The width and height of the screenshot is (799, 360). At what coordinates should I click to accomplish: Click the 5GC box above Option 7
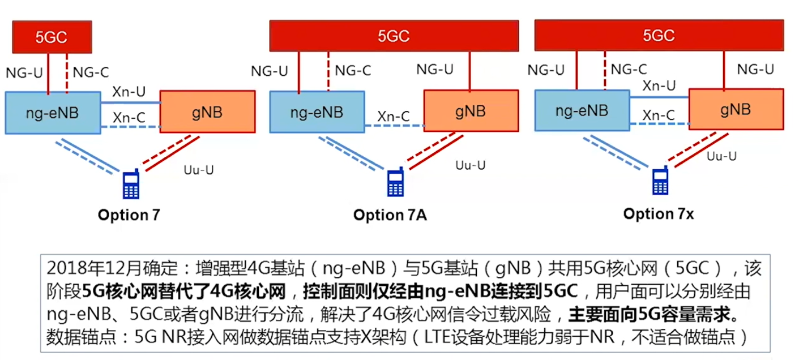pyautogui.click(x=51, y=37)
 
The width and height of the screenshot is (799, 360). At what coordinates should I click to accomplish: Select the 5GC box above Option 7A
pyautogui.click(x=394, y=36)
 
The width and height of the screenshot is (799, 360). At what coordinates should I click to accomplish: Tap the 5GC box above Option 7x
pyautogui.click(x=659, y=35)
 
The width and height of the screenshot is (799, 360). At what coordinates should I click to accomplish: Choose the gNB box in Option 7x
pyautogui.click(x=736, y=109)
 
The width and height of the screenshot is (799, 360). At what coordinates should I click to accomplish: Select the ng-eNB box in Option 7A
pyautogui.click(x=317, y=112)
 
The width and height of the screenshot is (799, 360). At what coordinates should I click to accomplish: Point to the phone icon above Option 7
pyautogui.click(x=131, y=185)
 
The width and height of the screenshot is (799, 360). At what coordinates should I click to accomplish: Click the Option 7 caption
pyautogui.click(x=129, y=215)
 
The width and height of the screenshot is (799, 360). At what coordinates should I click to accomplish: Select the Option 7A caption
pyautogui.click(x=390, y=215)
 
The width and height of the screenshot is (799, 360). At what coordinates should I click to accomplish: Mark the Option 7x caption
pyautogui.click(x=659, y=214)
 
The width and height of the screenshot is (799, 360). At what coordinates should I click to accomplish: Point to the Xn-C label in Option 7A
pyautogui.click(x=395, y=117)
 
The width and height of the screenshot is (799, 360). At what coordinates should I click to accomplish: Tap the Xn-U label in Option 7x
pyautogui.click(x=659, y=85)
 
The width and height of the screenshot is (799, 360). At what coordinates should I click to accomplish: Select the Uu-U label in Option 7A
pyautogui.click(x=471, y=165)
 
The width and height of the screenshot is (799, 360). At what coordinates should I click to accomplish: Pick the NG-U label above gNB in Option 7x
pyautogui.click(x=755, y=70)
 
